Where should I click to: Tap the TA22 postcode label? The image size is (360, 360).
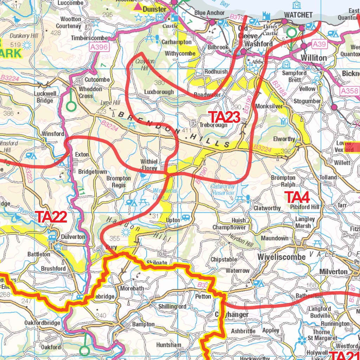click(x=52, y=217)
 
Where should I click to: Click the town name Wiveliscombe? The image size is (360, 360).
click(x=281, y=257)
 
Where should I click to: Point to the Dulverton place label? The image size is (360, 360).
click(x=73, y=237)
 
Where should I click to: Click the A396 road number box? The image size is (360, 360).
click(x=98, y=47)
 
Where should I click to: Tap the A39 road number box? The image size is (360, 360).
click(x=319, y=44)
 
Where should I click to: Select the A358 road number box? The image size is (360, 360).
click(x=350, y=91)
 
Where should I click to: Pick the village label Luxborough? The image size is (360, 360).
click(x=159, y=92)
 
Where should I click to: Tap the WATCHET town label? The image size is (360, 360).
click(x=298, y=15)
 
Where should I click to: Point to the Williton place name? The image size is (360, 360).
click(x=314, y=57)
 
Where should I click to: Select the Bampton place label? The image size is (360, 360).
click(x=143, y=324)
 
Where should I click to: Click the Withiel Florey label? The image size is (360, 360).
click(x=149, y=165)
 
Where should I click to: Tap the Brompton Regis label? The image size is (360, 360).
click(x=118, y=181)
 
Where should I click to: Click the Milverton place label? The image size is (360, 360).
click(x=333, y=272)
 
